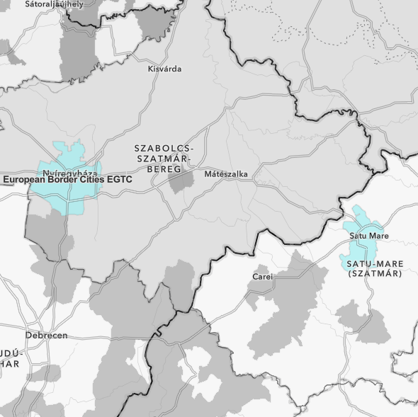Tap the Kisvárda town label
pos(164,69)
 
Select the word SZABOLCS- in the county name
pos(164,149)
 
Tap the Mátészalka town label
pos(225,173)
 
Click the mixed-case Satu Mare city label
pos(373,235)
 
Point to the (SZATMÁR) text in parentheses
pos(375,273)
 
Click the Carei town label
pos(262,276)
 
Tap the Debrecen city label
pos(46,335)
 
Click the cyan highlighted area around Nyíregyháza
pos(68,198)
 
